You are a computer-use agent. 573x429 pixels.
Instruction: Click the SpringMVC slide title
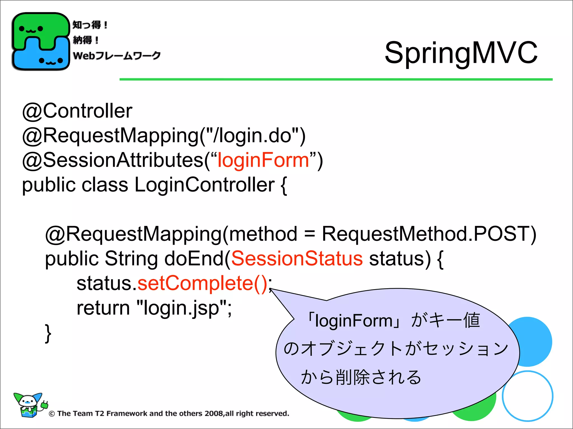click(x=461, y=53)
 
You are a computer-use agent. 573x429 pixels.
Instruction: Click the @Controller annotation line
click(x=77, y=111)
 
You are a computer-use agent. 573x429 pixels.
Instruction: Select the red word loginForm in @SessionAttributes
click(x=263, y=160)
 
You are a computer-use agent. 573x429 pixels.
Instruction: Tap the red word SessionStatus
click(x=297, y=258)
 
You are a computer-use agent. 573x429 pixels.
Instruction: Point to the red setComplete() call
click(x=203, y=283)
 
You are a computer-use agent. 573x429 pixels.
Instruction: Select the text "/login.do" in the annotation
click(x=252, y=135)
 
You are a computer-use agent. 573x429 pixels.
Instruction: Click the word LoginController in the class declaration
click(x=205, y=185)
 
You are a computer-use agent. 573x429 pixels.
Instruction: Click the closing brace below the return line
click(x=48, y=333)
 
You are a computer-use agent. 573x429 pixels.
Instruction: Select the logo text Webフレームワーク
click(x=116, y=55)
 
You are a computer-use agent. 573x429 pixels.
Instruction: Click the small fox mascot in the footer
click(x=29, y=404)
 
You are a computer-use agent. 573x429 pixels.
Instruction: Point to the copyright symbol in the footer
click(x=51, y=414)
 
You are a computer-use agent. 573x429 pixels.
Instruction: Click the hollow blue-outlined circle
click(x=527, y=396)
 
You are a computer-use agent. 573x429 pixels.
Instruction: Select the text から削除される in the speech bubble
click(x=361, y=377)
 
